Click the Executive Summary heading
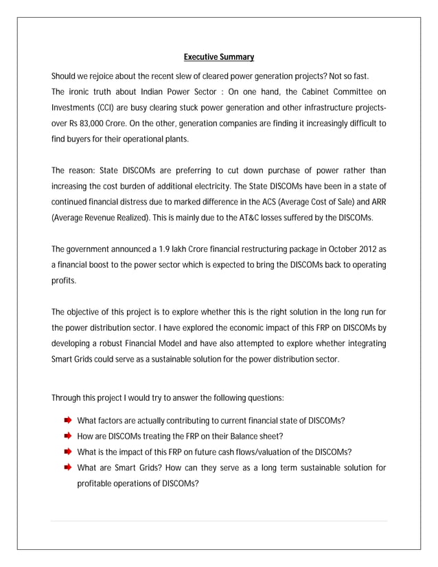(x=219, y=57)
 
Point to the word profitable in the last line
(x=95, y=483)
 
